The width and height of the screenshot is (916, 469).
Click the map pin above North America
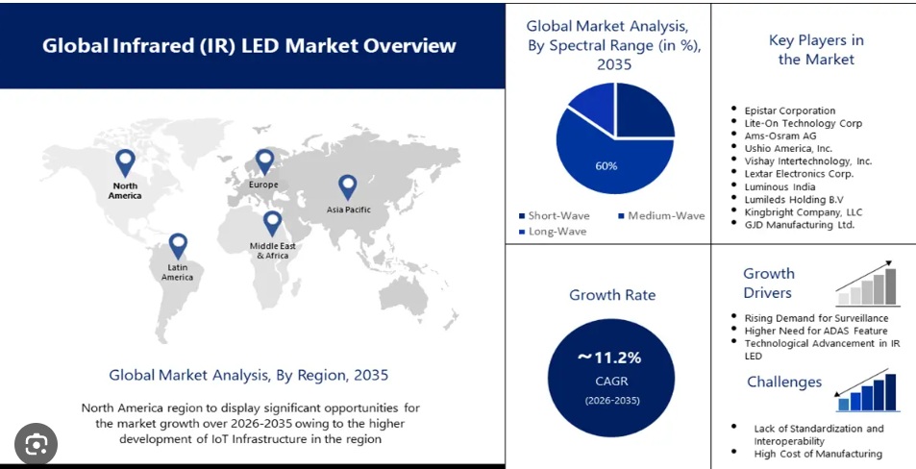[x=125, y=161]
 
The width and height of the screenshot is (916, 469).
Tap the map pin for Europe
[x=264, y=161]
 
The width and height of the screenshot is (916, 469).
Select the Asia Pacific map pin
[x=347, y=186]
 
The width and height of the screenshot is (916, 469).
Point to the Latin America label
[x=177, y=272]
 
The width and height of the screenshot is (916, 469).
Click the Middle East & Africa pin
[x=272, y=223]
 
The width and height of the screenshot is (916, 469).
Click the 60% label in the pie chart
[x=607, y=165]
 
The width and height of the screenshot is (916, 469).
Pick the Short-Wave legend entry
[x=557, y=215]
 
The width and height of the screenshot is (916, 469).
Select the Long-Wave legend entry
[x=557, y=232]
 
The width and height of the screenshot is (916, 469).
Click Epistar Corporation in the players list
[x=790, y=111]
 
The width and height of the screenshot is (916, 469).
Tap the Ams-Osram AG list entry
[x=780, y=136]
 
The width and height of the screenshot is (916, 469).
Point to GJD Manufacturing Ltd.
[x=799, y=224]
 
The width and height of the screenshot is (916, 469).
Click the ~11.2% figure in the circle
[x=608, y=358]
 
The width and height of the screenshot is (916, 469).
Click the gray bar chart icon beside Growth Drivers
[x=867, y=285]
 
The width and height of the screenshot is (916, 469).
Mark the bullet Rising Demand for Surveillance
[x=816, y=317]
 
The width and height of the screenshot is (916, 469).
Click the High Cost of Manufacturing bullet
[x=818, y=453]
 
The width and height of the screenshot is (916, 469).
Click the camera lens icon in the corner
[x=37, y=444]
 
